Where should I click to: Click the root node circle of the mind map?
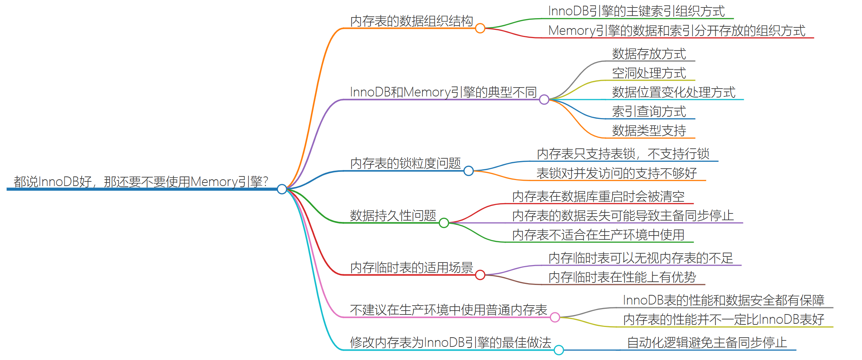282,189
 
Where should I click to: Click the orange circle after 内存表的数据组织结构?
480,28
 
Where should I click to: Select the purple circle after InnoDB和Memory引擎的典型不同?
544,99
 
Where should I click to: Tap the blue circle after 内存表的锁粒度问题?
469,171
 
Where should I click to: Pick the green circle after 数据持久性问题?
444,223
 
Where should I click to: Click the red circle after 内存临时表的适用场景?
480,275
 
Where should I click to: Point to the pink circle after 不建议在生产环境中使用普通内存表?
555,317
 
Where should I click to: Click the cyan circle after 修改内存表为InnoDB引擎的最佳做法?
559,350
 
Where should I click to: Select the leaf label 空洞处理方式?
649,73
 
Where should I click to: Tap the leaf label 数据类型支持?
649,131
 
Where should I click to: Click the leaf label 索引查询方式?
649,112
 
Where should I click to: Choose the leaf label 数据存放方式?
649,54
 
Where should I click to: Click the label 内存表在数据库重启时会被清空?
598,197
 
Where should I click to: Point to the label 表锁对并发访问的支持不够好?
616,174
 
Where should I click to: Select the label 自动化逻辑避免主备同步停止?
707,343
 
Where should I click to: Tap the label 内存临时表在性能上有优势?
622,277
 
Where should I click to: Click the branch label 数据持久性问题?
393,216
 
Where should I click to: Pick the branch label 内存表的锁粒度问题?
405,164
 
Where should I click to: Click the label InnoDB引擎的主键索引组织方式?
636,11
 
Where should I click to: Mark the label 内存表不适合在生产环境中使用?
598,235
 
